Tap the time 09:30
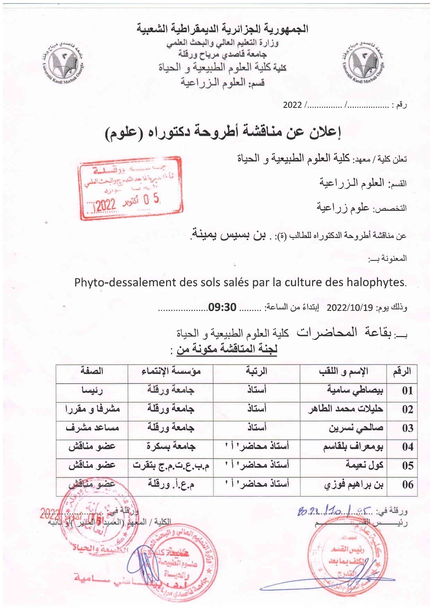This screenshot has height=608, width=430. [222, 307]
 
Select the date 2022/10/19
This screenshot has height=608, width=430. [350, 307]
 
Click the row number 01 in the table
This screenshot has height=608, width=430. [407, 391]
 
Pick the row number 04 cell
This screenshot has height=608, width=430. [407, 447]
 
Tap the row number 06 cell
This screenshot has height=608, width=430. [407, 484]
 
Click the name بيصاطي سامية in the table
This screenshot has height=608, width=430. [355, 390]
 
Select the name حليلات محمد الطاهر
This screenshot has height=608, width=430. [345, 409]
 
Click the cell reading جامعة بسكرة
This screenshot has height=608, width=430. [171, 446]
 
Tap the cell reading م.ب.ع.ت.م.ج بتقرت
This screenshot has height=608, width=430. [171, 465]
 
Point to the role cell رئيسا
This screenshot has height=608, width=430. [92, 390]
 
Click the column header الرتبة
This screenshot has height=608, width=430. [256, 371]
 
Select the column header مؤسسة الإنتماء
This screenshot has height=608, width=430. [171, 371]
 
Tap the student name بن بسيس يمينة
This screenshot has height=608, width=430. [229, 235]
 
